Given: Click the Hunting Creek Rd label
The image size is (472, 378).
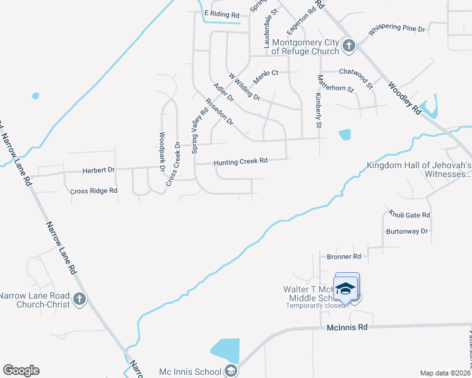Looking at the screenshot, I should point(241,161).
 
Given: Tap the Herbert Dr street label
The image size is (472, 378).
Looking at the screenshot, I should point(99,170).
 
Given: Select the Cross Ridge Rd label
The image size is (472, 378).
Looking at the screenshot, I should point(93,190).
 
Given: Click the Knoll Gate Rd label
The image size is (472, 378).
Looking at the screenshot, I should point(410,215).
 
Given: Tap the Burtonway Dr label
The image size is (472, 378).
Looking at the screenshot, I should point(407,231).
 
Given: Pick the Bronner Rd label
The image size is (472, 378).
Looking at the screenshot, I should point(344,256).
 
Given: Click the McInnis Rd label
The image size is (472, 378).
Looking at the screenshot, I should point(347,328).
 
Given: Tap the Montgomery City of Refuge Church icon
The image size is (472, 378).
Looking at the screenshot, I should point(348,45).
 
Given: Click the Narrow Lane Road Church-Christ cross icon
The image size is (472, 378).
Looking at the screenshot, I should point(79,299).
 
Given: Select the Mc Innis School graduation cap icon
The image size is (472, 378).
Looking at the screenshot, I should point(231,371).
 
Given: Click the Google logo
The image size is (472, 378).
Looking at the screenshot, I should point(21,370).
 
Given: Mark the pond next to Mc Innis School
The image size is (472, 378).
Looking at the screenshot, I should point(225,350).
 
